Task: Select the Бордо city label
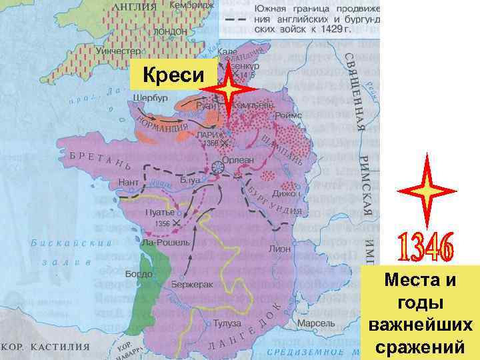(139, 274)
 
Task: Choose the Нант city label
(128, 182)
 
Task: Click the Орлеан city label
(243, 160)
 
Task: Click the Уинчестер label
(117, 51)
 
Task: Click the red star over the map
(229, 90)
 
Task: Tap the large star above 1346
(426, 189)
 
